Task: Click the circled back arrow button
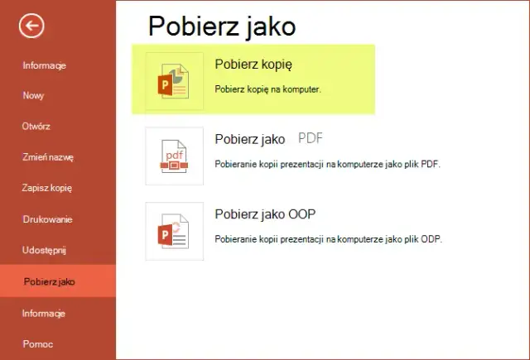pyautogui.click(x=31, y=27)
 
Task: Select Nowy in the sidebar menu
pyautogui.click(x=34, y=95)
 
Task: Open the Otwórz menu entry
pyautogui.click(x=36, y=126)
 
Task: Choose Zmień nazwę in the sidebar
pyautogui.click(x=48, y=156)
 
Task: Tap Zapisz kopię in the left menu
pyautogui.click(x=47, y=188)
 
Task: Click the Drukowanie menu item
pyautogui.click(x=48, y=218)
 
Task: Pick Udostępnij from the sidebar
pyautogui.click(x=44, y=249)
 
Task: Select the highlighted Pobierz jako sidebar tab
pyautogui.click(x=50, y=281)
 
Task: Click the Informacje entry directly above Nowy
pyautogui.click(x=44, y=65)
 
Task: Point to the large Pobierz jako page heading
pyautogui.click(x=222, y=26)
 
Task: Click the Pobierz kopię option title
pyautogui.click(x=253, y=64)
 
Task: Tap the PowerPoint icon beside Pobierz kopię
pyautogui.click(x=174, y=81)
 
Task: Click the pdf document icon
pyautogui.click(x=174, y=156)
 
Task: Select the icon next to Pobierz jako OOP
pyautogui.click(x=174, y=231)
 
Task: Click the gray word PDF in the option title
pyautogui.click(x=310, y=138)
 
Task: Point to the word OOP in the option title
pyautogui.click(x=301, y=214)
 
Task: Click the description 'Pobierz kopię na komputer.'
pyautogui.click(x=267, y=88)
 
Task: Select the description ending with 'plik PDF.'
pyautogui.click(x=327, y=164)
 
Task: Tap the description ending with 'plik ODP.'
pyautogui.click(x=328, y=239)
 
